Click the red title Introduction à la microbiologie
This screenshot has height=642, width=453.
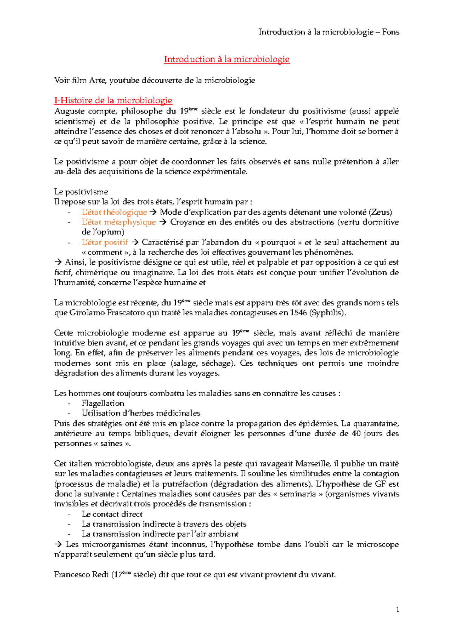[226, 59]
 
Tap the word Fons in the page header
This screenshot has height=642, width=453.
[390, 32]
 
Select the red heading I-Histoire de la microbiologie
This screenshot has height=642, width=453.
[113, 101]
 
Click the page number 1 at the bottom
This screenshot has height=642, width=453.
[398, 609]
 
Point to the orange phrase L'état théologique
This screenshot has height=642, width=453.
[114, 212]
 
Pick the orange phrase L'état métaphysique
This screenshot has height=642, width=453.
[119, 222]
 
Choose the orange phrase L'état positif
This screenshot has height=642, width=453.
[105, 242]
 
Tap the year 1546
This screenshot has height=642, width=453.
[298, 313]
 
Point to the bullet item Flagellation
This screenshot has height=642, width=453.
[103, 403]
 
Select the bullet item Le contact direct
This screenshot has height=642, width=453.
[112, 514]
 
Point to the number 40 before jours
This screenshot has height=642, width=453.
[356, 434]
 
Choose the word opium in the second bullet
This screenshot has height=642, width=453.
[109, 232]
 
